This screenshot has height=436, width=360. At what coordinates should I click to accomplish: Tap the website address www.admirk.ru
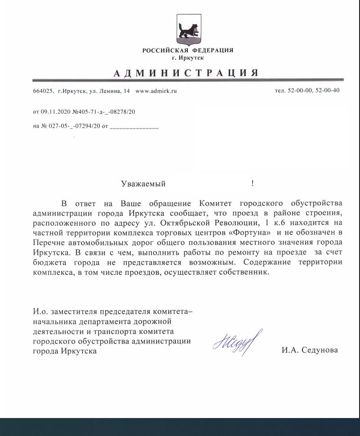click(156, 91)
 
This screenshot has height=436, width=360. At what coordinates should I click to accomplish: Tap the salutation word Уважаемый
click(143, 183)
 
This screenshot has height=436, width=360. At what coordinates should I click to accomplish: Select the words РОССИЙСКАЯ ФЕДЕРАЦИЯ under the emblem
click(187, 50)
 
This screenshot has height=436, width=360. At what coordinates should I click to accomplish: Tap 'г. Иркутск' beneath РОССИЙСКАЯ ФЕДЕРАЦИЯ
click(187, 58)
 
